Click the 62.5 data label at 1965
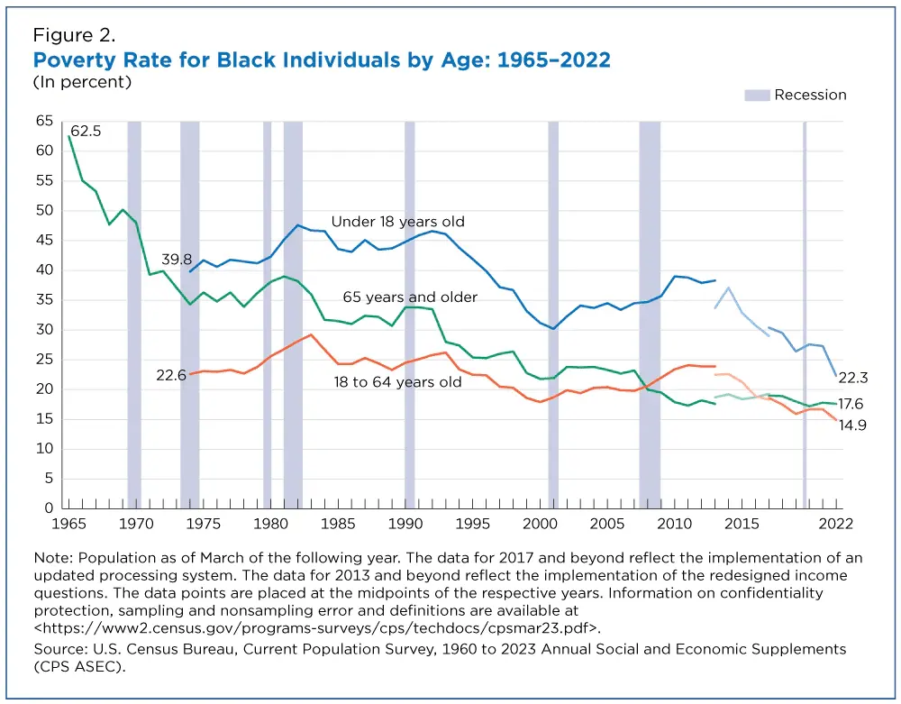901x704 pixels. (x=86, y=132)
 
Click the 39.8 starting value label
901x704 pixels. (x=177, y=260)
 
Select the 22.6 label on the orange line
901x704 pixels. (x=170, y=375)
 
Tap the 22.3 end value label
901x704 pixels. (x=851, y=379)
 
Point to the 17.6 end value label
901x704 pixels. (x=851, y=405)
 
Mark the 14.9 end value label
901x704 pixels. (x=851, y=425)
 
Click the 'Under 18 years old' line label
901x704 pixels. (x=397, y=222)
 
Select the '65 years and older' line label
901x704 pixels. (x=410, y=297)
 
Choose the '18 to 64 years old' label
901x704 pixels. (x=397, y=382)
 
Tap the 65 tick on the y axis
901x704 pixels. (x=44, y=121)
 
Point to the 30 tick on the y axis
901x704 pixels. (x=44, y=330)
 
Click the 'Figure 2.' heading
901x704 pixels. (x=74, y=36)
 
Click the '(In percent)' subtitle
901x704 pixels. (x=82, y=82)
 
